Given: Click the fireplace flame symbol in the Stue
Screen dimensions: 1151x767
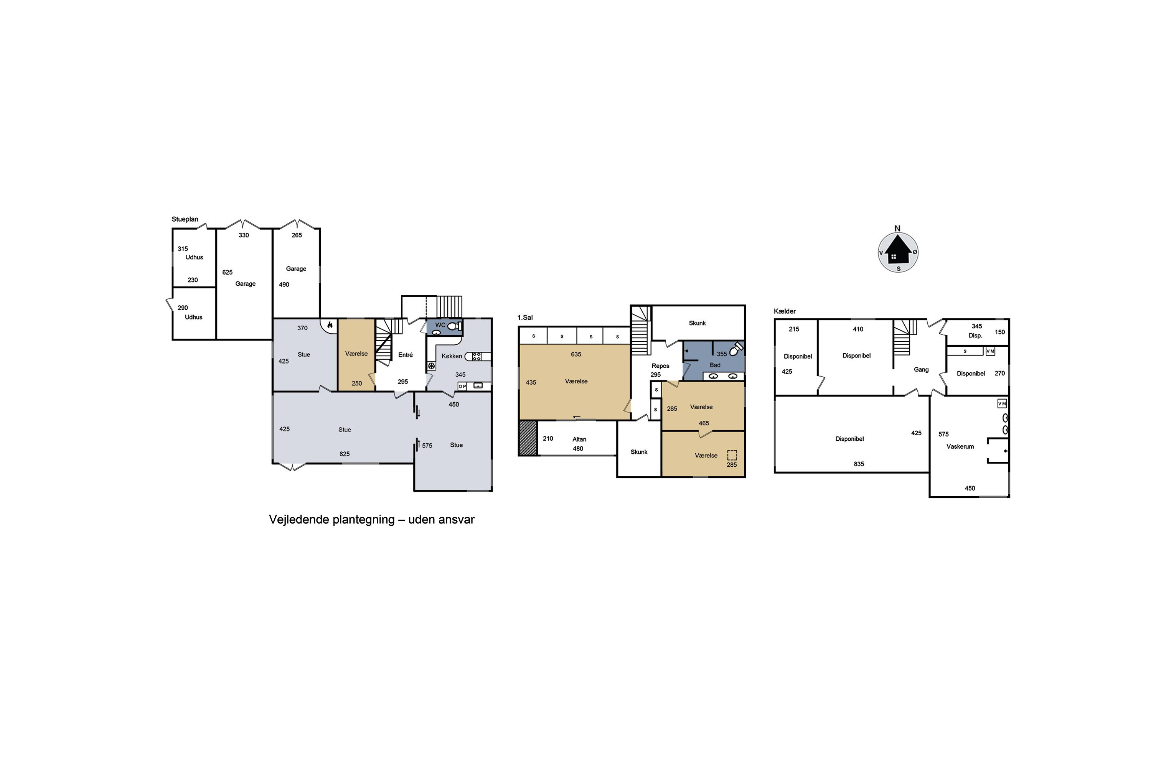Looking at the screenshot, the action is point(330,324).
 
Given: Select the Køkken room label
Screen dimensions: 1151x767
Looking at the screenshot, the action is point(452,356).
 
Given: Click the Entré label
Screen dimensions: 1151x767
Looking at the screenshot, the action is point(406,355).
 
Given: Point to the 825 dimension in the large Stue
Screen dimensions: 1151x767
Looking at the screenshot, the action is point(345,454).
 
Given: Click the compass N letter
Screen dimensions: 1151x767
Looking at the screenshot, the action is point(897,229).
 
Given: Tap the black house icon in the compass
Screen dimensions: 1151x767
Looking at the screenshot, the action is point(898,250).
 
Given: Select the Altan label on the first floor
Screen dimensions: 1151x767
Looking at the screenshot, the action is point(579,439).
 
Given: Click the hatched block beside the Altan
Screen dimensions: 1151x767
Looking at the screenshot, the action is point(528,438).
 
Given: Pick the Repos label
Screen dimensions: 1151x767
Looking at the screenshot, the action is point(661,366).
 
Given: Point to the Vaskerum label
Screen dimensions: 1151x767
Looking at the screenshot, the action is point(960,447).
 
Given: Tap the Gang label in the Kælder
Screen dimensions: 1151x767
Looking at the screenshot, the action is point(922,370).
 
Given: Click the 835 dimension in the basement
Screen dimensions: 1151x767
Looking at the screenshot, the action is point(859,464).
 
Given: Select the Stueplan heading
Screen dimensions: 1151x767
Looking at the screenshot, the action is point(185,219).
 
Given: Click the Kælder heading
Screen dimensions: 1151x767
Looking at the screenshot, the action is point(785,311).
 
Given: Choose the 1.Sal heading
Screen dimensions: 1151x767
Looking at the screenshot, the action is point(525,318).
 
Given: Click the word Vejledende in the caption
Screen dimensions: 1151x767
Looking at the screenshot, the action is point(298,520).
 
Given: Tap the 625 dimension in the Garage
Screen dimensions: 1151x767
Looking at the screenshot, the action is point(228,272).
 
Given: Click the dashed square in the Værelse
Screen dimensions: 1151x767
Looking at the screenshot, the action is point(732,455).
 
